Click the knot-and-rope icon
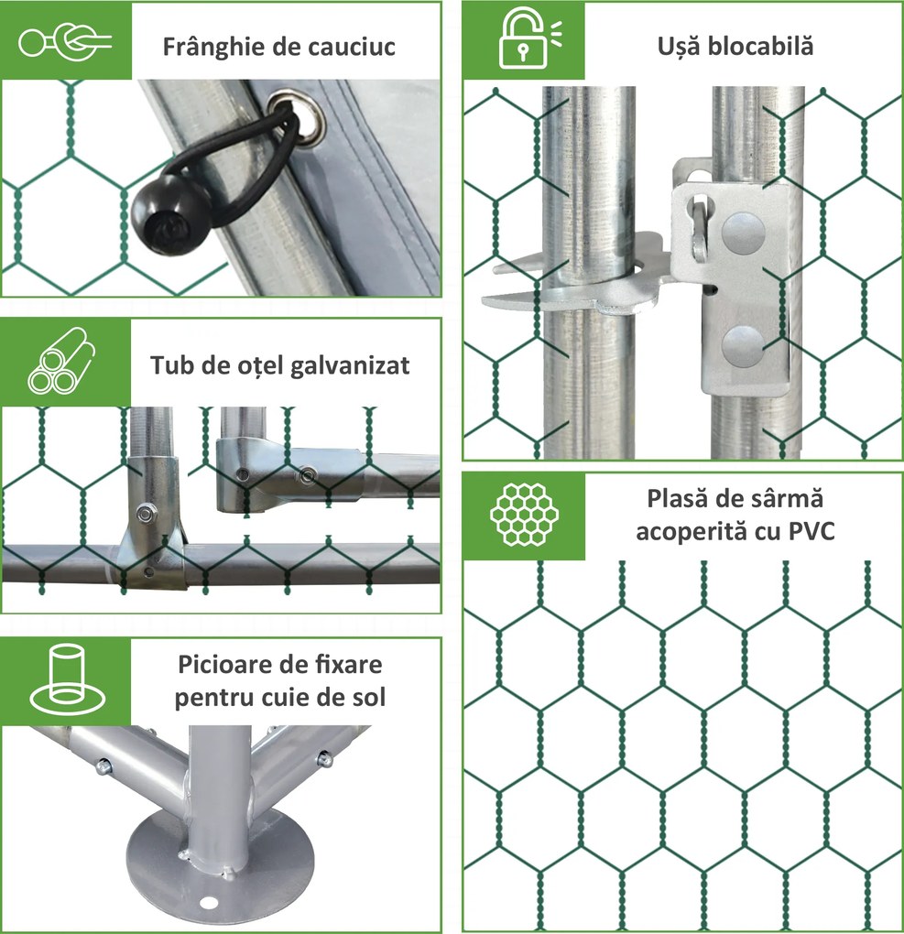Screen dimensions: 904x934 tap(65, 42)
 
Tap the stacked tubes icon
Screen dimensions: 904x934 tap(60, 361)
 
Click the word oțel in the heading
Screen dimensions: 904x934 tap(260, 365)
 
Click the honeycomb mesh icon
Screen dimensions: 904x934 tap(524, 515)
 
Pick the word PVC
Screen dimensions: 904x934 tap(811, 531)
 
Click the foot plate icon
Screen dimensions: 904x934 tap(68, 679)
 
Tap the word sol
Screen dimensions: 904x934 tap(369, 697)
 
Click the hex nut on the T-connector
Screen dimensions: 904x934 tap(146, 512)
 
